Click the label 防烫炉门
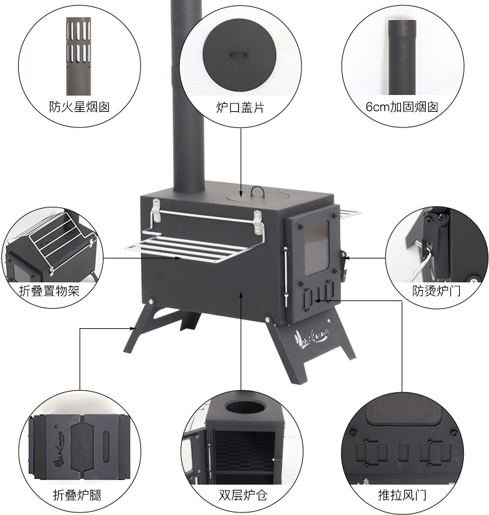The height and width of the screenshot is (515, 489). pyautogui.click(x=437, y=291)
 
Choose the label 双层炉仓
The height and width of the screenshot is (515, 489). pyautogui.click(x=242, y=496)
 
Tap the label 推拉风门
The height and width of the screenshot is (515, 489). pyautogui.click(x=402, y=496)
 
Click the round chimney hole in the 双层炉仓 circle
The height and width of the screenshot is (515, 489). pyautogui.click(x=245, y=408)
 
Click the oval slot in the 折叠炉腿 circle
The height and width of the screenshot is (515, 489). pyautogui.click(x=105, y=446)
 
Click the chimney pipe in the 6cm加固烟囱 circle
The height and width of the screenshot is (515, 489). pyautogui.click(x=402, y=58)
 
